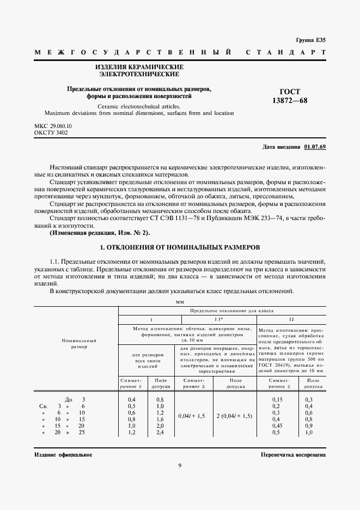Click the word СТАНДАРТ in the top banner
(285, 53)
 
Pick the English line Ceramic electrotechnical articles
(139, 106)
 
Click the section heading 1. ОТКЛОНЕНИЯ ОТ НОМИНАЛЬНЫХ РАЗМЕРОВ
(181, 247)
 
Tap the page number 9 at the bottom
(180, 465)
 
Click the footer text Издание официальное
(63, 454)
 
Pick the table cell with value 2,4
(161, 432)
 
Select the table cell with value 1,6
(161, 419)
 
